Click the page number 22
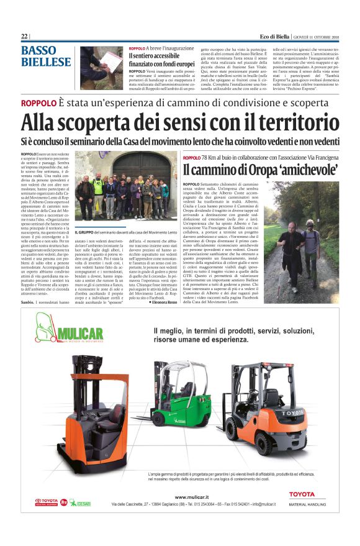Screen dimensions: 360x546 pyautogui.click(x=24, y=36)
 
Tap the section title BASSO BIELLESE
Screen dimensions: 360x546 pyautogui.click(x=45, y=56)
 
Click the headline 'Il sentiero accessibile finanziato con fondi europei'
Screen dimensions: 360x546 pyautogui.click(x=161, y=60)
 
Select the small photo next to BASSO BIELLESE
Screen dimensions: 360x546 pyautogui.click(x=101, y=67)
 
